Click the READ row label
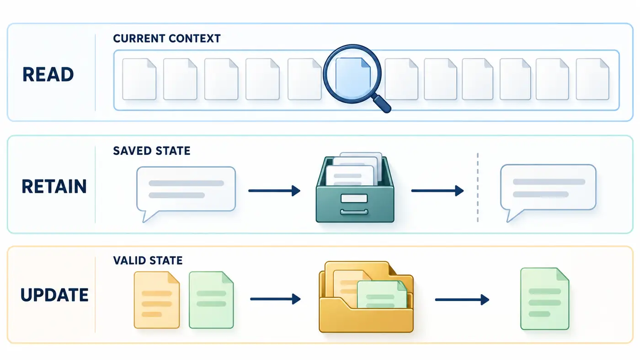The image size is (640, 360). pos(48,74)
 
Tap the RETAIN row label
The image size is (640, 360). pos(54,186)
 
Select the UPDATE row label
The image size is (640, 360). pos(54,295)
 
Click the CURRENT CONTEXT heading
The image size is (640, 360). pos(166,38)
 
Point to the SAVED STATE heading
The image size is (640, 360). pos(151,151)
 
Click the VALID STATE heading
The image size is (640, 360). pos(148,260)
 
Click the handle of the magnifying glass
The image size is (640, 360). pos(382,104)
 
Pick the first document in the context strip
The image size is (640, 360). pos(139,79)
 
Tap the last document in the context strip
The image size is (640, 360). pos(592,79)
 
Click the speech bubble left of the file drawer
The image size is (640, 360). pos(186,193)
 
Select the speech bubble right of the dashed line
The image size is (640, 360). pos(548,191)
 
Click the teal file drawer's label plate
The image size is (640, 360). pos(354,198)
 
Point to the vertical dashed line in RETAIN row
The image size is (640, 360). pos(478,187)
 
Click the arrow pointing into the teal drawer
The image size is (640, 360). pos(274,191)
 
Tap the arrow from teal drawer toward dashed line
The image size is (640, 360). pos(437,191)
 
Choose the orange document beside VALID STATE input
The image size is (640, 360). pos(156,300)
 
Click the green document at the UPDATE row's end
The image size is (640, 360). pos(544,299)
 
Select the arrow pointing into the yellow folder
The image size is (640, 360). pos(275,299)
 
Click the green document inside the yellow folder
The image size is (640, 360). pos(382,294)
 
